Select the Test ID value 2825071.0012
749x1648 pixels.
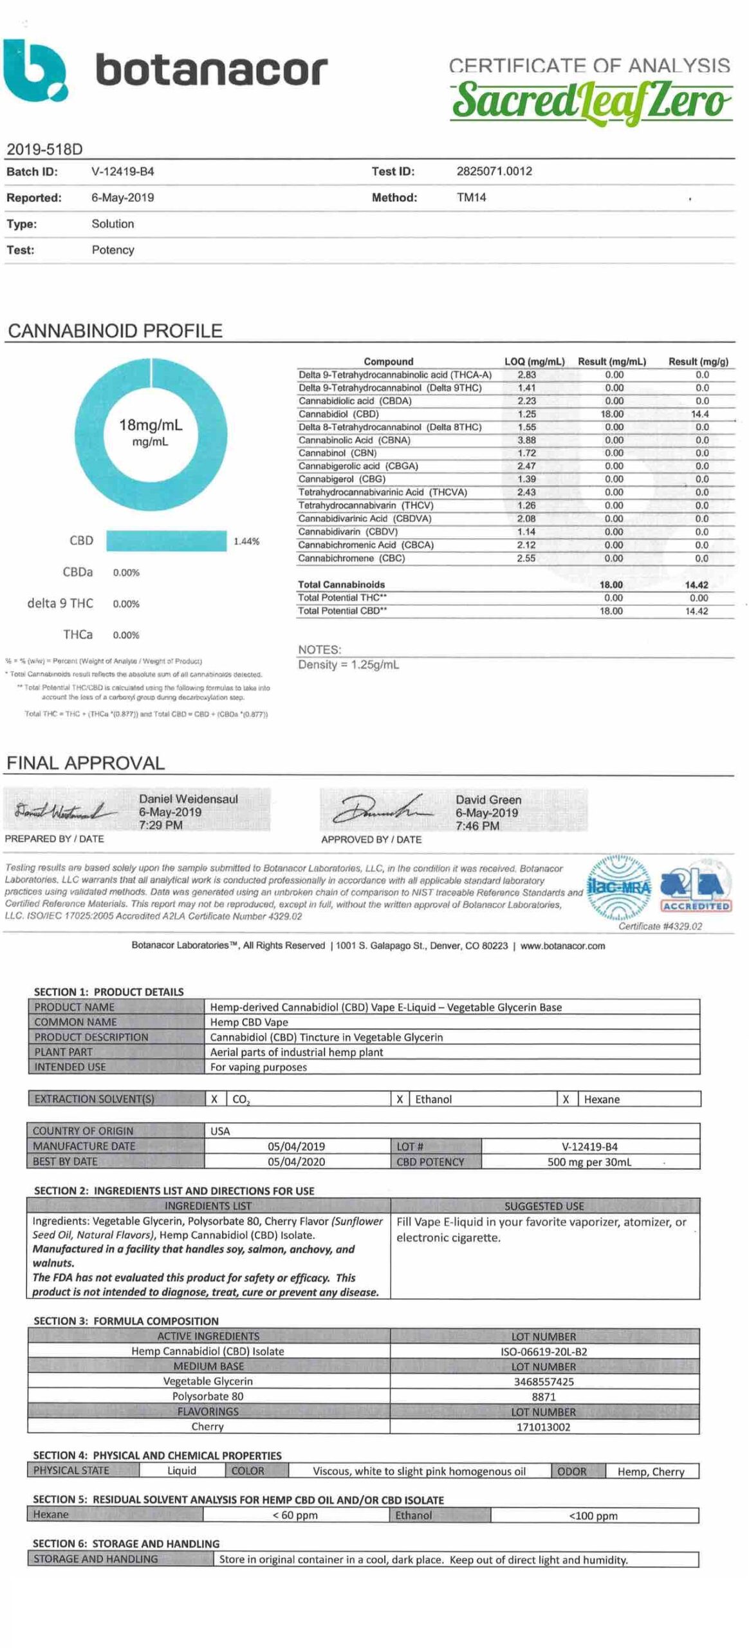494,171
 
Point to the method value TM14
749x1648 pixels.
471,198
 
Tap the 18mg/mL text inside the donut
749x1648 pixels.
151,425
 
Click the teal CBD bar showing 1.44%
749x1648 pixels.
166,541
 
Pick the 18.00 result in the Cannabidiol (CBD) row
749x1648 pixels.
612,414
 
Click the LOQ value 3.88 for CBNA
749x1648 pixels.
526,440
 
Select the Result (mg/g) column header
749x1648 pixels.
698,361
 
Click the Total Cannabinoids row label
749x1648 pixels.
341,585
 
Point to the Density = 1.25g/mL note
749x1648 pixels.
348,664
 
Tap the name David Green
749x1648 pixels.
488,800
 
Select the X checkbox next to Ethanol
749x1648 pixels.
400,1099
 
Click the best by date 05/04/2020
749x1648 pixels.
296,1161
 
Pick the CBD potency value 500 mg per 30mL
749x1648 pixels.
589,1161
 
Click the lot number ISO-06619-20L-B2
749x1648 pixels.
544,1351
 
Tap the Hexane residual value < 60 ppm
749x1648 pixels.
295,1515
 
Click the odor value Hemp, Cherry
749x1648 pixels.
651,1471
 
